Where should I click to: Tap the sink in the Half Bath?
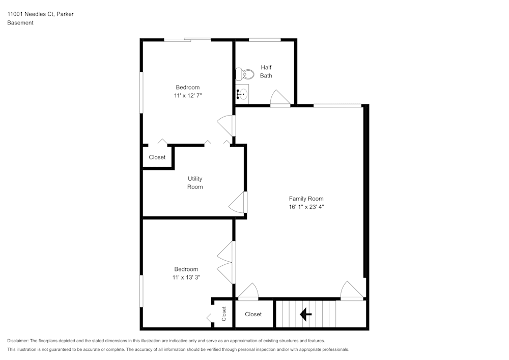coord(242,94)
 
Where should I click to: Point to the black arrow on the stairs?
coord(306,315)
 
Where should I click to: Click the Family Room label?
coord(306,199)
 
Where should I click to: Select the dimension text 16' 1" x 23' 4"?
coord(306,207)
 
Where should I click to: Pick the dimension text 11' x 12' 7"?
coord(188,95)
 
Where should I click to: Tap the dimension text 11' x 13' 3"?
coord(186,278)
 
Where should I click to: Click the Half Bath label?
coord(266,71)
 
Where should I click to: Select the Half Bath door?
coord(279,99)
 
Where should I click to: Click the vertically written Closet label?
coord(223,314)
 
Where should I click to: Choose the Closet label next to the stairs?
coord(253,314)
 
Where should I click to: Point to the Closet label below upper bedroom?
coord(157,157)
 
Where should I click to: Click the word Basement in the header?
coord(20,23)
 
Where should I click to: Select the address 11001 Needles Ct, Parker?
coord(40,14)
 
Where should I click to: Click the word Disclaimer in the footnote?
coord(18,341)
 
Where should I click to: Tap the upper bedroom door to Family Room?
coord(226,126)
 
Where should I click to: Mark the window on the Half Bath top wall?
coord(264,40)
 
